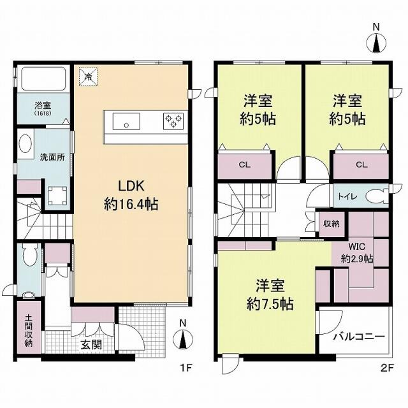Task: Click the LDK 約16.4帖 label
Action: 131,195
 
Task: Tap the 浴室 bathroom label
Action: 43,108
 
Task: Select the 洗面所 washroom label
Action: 52,157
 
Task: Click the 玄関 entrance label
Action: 91,345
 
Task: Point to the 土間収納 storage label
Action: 29,330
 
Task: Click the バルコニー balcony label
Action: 359,337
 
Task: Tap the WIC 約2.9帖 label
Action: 357,252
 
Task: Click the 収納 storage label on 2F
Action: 331,223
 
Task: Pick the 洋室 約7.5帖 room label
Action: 270,295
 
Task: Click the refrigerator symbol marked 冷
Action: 89,76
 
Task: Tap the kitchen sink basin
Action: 126,121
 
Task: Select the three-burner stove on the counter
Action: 173,121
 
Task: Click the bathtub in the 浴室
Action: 43,79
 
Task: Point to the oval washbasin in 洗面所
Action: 25,143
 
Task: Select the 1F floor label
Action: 186,368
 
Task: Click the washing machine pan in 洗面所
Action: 57,196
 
